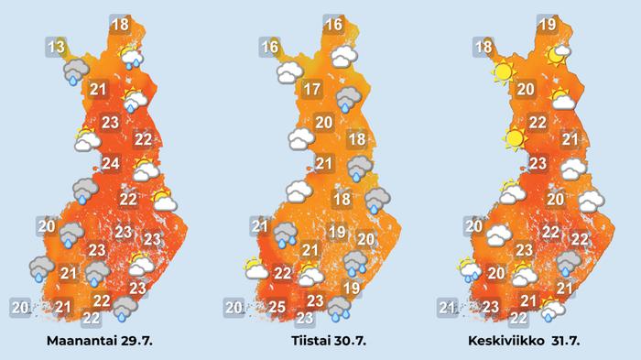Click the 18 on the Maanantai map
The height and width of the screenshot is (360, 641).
click(120, 25)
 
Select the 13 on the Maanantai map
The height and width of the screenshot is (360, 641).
click(57, 47)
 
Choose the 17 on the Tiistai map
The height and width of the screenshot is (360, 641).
click(311, 90)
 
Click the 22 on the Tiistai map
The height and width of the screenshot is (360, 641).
click(284, 272)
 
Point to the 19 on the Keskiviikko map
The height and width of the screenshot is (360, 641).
click(548, 26)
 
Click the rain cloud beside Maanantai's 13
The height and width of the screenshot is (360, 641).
click(76, 71)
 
